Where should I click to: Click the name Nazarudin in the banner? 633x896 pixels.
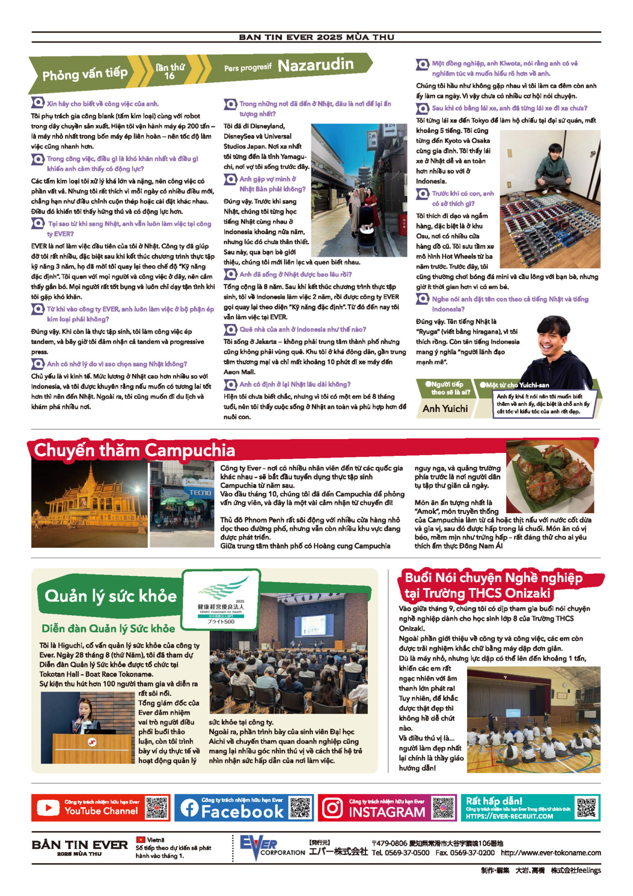coord(316,65)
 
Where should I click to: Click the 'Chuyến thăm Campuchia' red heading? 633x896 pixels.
coord(134,450)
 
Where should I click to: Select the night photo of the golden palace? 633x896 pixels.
coord(89,504)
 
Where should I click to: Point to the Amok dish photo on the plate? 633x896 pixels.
coord(550,476)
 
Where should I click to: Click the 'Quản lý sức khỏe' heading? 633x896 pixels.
coord(110,596)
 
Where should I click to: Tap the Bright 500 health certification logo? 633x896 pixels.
coord(220,599)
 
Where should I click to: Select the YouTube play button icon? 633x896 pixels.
coord(48,808)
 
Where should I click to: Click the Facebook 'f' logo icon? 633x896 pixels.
coord(189,808)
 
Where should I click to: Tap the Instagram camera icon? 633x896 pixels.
coord(333,808)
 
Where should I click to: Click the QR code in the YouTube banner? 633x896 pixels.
coord(156,808)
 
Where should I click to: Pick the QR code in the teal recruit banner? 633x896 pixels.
coord(586,807)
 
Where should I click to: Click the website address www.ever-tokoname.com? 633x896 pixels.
coord(550,853)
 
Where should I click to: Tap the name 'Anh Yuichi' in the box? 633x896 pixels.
coord(445,408)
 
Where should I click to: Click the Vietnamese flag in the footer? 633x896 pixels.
coord(140,840)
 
